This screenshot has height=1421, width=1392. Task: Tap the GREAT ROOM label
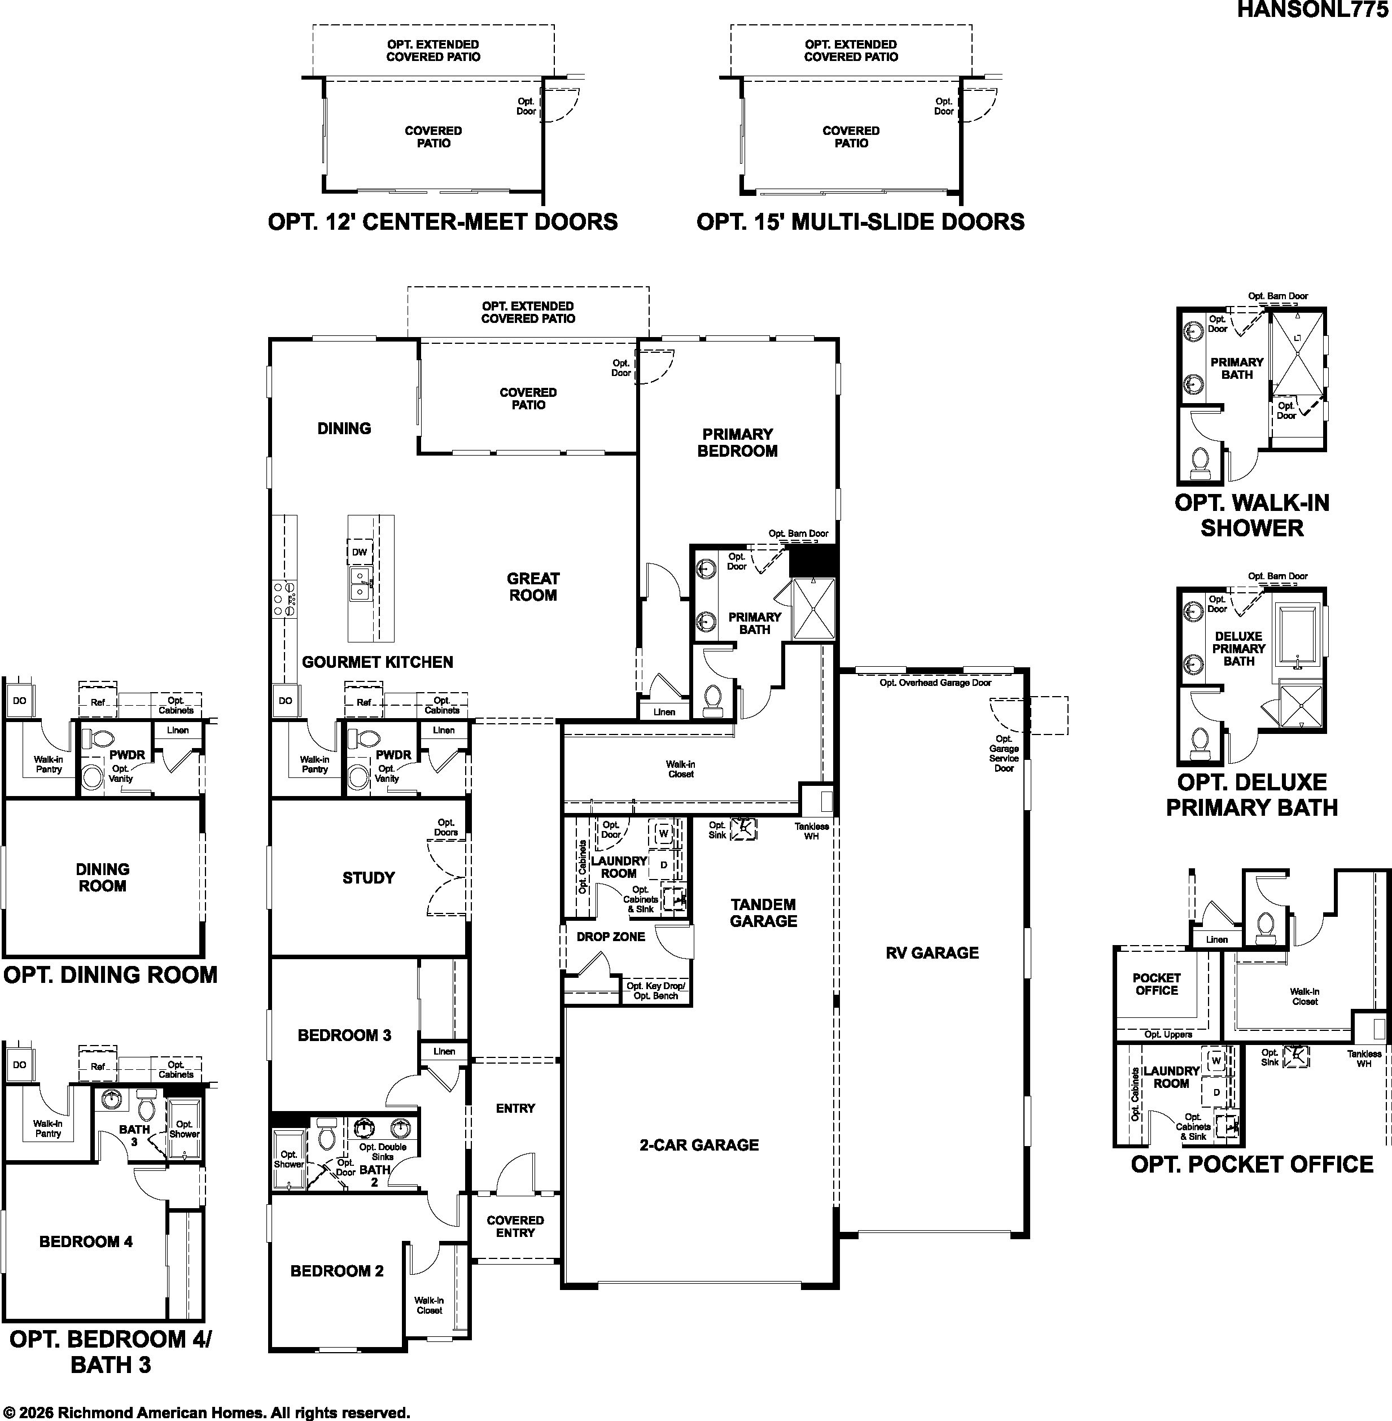click(533, 587)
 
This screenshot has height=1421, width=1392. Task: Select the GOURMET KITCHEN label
click(377, 662)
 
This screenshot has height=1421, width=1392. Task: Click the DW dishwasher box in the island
click(360, 552)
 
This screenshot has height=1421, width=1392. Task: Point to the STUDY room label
click(369, 878)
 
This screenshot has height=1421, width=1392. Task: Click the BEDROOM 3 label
click(344, 1035)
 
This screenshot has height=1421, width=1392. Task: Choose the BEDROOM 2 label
click(337, 1271)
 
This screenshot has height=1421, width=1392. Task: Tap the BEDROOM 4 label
click(86, 1241)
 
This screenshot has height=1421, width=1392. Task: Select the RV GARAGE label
click(932, 952)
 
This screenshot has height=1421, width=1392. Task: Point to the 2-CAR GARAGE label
click(699, 1144)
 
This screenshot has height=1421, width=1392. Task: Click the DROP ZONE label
click(610, 936)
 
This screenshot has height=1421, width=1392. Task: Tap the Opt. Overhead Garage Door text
click(935, 683)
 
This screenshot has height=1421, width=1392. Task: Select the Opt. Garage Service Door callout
click(1004, 753)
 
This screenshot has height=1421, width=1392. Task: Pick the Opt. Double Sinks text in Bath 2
click(382, 1152)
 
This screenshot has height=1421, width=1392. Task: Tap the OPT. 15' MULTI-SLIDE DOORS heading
click(860, 222)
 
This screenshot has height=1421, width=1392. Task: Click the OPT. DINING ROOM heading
click(111, 975)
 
